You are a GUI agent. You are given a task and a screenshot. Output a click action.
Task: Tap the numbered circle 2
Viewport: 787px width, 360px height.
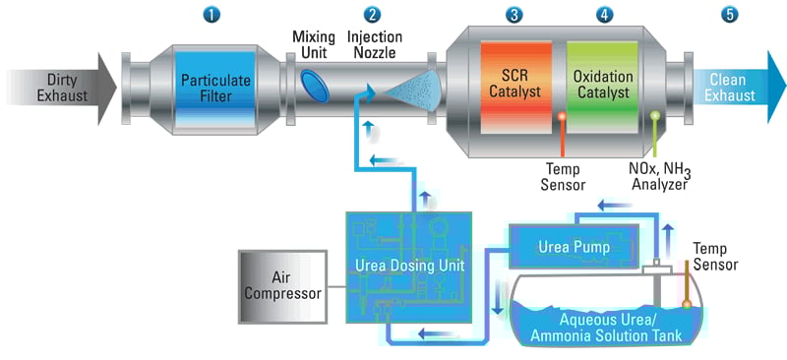(371, 15)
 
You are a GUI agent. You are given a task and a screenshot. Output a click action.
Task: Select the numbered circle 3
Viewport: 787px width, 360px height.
(514, 15)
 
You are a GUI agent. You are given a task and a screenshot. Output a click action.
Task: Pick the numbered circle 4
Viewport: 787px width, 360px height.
(604, 15)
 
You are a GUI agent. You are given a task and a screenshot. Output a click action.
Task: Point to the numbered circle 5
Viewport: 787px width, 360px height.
(728, 15)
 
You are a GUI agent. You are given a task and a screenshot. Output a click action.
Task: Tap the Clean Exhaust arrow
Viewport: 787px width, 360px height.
(733, 89)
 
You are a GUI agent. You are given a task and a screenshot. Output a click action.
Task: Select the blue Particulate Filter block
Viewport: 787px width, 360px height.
(214, 88)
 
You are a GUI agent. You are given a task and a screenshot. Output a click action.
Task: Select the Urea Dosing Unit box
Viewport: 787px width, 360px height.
(407, 265)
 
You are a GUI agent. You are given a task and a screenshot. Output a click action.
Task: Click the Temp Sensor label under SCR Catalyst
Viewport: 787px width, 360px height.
(565, 176)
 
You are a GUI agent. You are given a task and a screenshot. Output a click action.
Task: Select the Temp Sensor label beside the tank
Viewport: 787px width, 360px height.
(716, 256)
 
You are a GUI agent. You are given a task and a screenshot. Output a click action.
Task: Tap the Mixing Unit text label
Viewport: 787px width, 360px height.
(314, 44)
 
